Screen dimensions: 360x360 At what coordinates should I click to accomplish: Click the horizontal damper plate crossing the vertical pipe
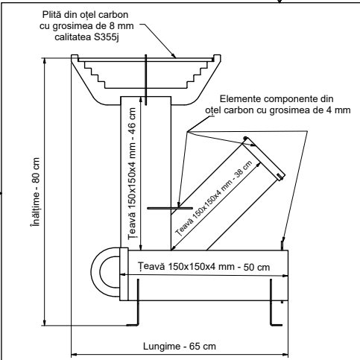[x=164, y=209]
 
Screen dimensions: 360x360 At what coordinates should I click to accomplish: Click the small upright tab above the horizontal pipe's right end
[x=282, y=243]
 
